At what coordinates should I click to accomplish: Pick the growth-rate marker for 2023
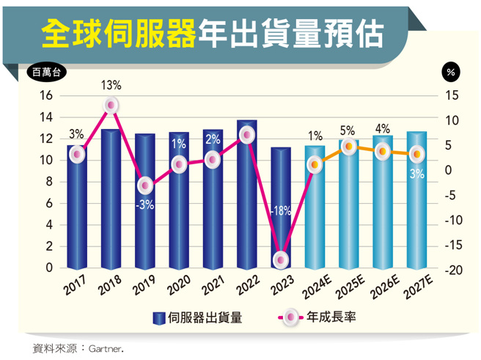281,260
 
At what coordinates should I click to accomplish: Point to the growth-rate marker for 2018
111,106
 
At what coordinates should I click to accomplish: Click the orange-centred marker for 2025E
349,147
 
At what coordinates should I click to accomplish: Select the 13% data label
111,86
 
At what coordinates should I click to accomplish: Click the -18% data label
281,210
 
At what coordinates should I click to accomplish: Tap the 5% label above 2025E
348,131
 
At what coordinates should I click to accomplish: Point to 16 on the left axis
45,96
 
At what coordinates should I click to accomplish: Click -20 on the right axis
452,271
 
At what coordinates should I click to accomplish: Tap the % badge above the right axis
451,73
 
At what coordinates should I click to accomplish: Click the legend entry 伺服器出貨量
198,317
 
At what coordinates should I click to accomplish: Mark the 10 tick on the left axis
45,161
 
